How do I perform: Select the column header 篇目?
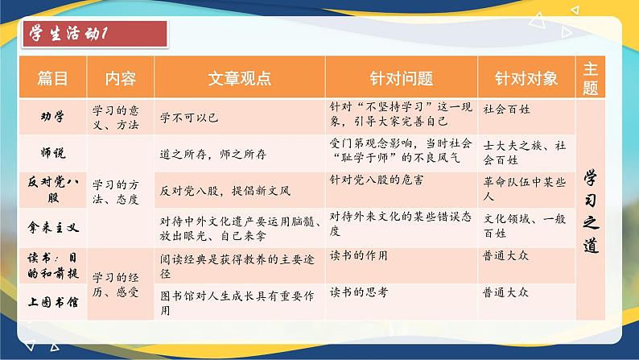pyautogui.click(x=53, y=78)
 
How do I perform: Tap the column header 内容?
pyautogui.click(x=121, y=78)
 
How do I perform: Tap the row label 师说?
pyautogui.click(x=53, y=151)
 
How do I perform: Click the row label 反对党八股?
pyautogui.click(x=53, y=188)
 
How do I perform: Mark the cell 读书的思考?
pyautogui.click(x=359, y=292)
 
